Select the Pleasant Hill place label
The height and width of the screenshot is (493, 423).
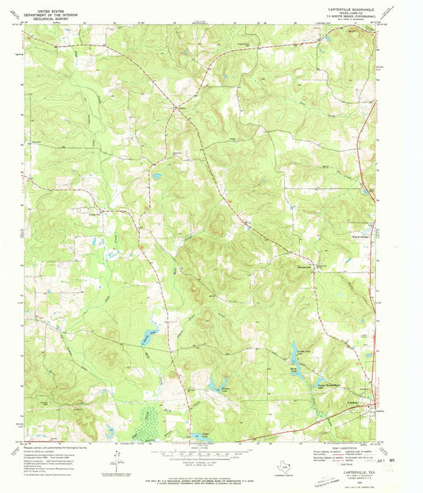click(315, 269)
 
